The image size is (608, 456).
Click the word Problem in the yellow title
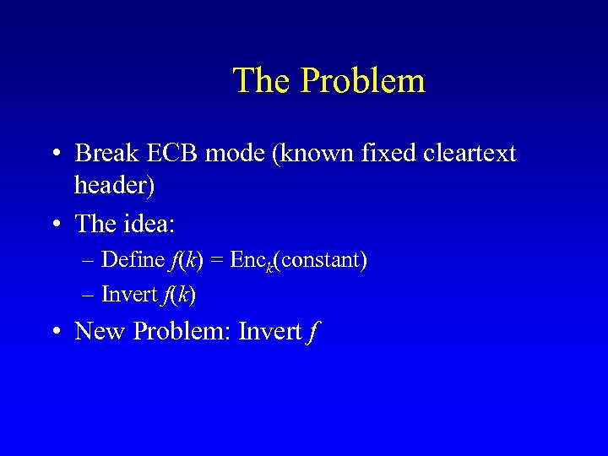(x=362, y=81)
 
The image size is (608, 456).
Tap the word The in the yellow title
(x=263, y=81)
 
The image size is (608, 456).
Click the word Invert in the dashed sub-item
(x=129, y=294)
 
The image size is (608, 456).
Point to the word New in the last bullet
(x=99, y=331)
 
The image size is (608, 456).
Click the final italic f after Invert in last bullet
(x=313, y=332)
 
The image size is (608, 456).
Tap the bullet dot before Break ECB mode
(x=55, y=155)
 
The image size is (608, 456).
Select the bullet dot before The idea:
(x=55, y=225)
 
